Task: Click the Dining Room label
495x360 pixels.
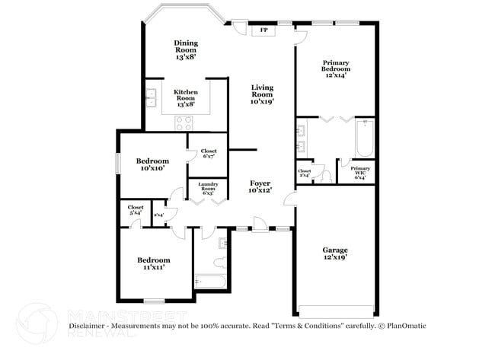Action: [185, 50]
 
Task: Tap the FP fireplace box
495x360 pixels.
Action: [264, 30]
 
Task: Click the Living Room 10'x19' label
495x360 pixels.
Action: [262, 94]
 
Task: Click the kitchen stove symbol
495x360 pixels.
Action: [184, 122]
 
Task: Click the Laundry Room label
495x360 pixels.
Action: [207, 189]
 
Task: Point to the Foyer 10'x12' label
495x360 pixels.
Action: [260, 187]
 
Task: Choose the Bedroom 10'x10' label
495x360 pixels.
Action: [152, 164]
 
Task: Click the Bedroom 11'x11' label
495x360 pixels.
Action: [152, 263]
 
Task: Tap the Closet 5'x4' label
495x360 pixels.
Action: [136, 210]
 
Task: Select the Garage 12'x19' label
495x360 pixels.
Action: [335, 253]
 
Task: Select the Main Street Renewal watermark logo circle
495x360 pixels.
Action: [36, 323]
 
